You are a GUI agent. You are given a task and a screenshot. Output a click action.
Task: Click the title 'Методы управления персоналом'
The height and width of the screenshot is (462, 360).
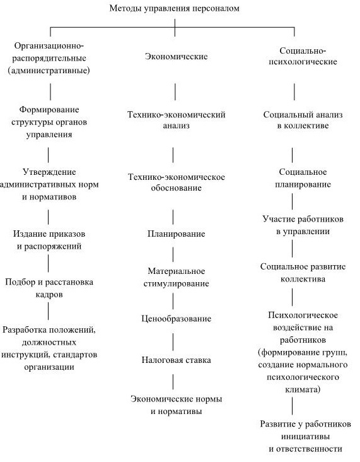[175, 9]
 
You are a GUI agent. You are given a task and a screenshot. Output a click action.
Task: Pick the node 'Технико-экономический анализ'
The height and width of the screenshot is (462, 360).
[176, 121]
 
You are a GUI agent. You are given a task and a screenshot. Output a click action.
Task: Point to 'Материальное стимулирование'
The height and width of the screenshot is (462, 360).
[175, 278]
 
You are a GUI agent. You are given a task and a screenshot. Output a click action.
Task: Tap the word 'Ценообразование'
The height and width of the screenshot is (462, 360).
[175, 319]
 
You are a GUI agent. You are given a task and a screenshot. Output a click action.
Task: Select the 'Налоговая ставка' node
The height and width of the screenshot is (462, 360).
[175, 360]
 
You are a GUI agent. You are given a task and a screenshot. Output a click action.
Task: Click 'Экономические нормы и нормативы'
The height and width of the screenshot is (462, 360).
[176, 405]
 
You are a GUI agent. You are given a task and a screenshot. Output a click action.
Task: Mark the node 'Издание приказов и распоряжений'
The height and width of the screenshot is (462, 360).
[48, 239]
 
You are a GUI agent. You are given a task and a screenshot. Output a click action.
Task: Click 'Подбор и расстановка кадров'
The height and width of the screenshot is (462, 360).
[49, 288]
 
